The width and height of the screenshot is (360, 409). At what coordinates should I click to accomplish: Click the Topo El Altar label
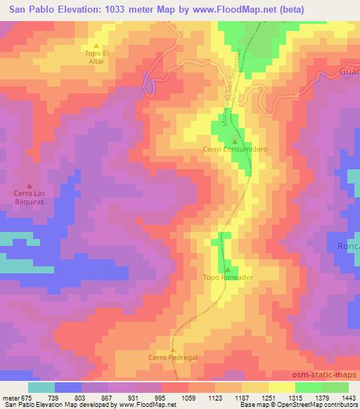coord(96,57)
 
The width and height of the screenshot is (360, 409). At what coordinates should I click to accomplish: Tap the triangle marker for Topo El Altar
coord(96,45)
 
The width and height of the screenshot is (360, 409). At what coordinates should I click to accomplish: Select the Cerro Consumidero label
coord(235,150)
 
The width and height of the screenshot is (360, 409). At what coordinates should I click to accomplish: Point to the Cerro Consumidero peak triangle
coord(235,141)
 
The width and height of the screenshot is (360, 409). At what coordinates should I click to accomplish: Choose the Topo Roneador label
coord(227,278)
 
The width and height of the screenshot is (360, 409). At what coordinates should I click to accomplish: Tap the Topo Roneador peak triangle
coord(227,268)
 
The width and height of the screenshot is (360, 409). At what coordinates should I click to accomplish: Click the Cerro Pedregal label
coord(173,357)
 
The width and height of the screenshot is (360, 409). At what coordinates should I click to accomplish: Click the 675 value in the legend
coord(27,398)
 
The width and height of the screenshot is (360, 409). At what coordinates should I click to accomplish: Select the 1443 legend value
coord(348,398)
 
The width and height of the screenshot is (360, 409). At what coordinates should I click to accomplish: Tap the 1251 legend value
coord(268,398)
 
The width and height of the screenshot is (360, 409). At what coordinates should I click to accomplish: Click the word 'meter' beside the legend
coord(9,398)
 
